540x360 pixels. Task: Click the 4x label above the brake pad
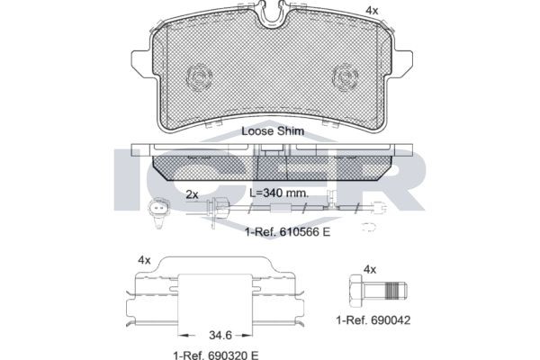click(370, 10)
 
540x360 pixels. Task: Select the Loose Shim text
click(273, 130)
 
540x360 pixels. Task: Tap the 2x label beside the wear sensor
click(191, 193)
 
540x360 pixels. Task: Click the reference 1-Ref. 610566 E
click(287, 231)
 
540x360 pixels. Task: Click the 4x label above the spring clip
click(143, 260)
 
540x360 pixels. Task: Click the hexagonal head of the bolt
click(354, 292)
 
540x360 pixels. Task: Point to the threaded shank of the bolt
click(391, 292)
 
